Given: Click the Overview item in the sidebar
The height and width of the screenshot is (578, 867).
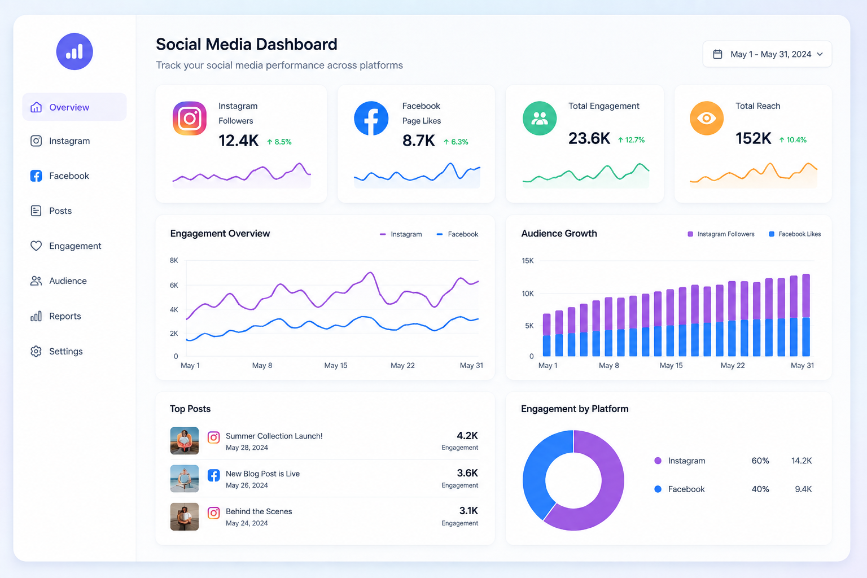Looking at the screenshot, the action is tap(75, 107).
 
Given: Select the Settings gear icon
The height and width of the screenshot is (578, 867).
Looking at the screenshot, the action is tap(36, 351).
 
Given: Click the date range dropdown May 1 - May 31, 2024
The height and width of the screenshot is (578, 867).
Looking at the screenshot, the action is tap(767, 54).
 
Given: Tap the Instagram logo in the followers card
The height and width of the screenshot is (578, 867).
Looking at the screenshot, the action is tap(189, 118).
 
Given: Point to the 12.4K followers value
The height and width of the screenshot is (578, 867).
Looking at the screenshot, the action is tap(238, 141).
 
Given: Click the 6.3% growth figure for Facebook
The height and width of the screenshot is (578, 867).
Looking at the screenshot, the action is tap(456, 142).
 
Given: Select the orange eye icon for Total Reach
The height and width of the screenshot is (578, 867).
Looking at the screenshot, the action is tap(706, 118).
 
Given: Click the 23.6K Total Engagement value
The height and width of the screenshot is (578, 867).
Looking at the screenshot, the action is tap(589, 138).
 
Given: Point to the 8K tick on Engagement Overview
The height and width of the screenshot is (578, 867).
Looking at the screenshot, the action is tap(174, 261).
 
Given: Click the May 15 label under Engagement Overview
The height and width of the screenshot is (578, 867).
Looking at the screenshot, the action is tap(336, 365).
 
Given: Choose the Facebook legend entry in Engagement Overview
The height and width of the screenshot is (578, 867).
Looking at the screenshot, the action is tap(458, 234).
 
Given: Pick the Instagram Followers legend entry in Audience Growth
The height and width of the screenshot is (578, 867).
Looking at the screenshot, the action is tap(721, 234).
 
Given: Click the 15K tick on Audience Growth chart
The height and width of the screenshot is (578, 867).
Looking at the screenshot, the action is tap(528, 261).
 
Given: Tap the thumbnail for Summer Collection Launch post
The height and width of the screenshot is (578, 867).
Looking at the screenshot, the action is tap(184, 441).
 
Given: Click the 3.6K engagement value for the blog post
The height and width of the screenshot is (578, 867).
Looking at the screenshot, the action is tap(467, 473).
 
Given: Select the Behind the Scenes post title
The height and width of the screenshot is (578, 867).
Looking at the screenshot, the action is tap(259, 511).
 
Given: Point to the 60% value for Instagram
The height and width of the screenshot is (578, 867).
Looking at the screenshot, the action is tap(760, 461).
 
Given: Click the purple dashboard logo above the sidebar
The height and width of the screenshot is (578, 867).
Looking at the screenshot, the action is tap(75, 51).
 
